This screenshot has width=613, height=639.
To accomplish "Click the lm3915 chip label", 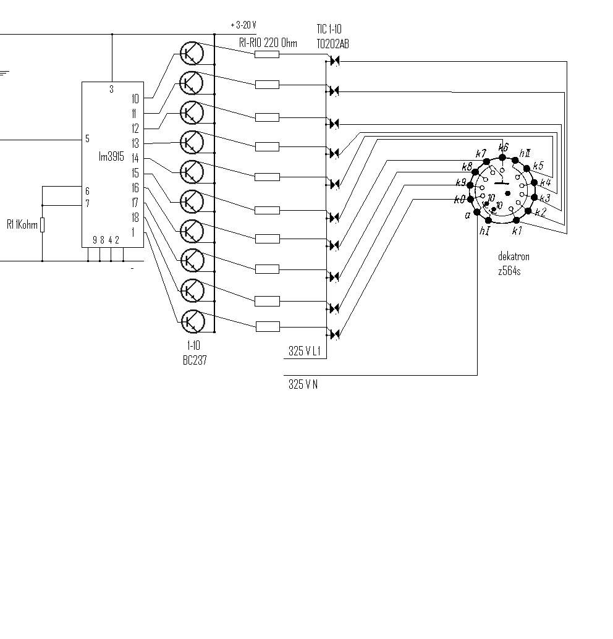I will [112, 157].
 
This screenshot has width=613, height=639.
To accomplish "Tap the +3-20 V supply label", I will [243, 25].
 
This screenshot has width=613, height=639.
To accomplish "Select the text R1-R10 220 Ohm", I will [268, 43].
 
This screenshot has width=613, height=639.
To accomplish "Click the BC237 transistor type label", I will [194, 360].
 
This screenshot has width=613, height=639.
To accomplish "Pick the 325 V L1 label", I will [305, 352].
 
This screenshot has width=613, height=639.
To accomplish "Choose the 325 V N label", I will [303, 384].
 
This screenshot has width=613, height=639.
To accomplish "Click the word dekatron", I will [514, 256].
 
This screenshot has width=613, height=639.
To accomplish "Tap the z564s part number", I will [510, 271].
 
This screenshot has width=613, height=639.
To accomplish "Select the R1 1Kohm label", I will [22, 224].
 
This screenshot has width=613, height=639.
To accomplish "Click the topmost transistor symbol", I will [192, 53].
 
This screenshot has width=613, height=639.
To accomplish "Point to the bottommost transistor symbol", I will [192, 321].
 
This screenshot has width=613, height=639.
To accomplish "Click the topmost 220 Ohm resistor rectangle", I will [267, 54].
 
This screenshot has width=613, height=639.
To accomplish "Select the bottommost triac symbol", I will [334, 334].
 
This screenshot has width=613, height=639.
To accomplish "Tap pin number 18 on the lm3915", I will [135, 218].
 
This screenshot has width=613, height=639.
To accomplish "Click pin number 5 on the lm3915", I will [88, 139].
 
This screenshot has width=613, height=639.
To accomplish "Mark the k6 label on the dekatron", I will [504, 148].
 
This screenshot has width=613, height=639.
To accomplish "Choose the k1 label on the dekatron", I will [517, 231].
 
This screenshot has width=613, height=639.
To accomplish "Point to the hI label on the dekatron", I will [484, 231].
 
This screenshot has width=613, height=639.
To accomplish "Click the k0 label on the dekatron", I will [459, 200].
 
